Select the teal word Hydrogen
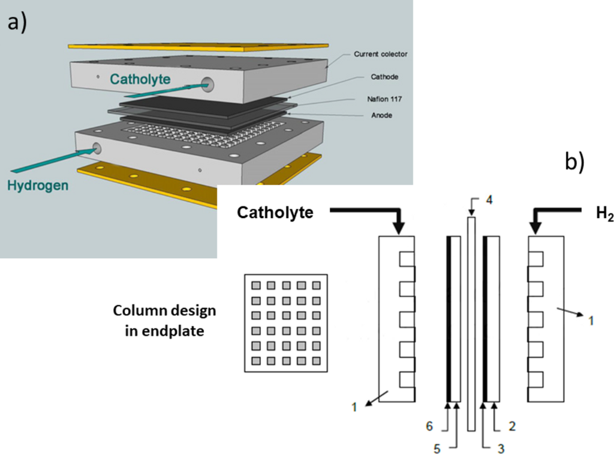click(37, 186)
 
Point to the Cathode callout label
click(380, 77)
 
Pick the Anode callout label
click(378, 115)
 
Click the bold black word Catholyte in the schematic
click(275, 213)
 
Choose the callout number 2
click(511, 425)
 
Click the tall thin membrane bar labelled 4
click(471, 324)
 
